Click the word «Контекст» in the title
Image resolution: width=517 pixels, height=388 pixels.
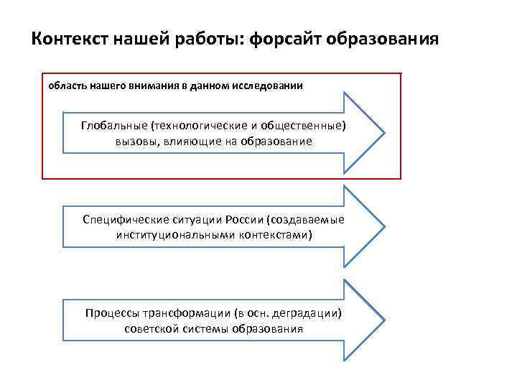(69, 38)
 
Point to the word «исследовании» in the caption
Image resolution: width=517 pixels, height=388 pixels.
(271, 86)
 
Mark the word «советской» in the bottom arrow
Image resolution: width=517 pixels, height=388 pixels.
(151, 328)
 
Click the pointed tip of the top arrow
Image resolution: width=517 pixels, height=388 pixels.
(384, 134)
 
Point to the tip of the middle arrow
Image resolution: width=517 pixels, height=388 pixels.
(384, 227)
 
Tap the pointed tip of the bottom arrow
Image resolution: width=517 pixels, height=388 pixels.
(384, 321)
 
